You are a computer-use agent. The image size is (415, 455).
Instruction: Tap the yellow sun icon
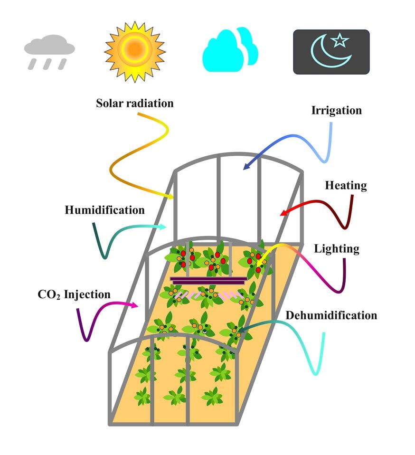tap(135, 48)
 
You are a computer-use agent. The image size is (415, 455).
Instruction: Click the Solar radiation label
tap(134, 103)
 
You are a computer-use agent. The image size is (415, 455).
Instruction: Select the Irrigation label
tap(336, 111)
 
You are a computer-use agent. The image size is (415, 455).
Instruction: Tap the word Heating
tap(346, 185)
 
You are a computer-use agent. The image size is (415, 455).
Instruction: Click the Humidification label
tap(104, 209)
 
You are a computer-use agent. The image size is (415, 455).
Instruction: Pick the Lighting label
tap(337, 248)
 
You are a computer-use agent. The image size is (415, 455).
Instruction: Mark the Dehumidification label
tap(331, 315)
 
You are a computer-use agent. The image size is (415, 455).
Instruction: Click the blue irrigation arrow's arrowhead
tap(245, 167)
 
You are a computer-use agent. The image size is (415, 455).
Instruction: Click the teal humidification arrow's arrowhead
tap(163, 227)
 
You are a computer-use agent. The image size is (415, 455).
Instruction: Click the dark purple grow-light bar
tap(209, 280)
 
